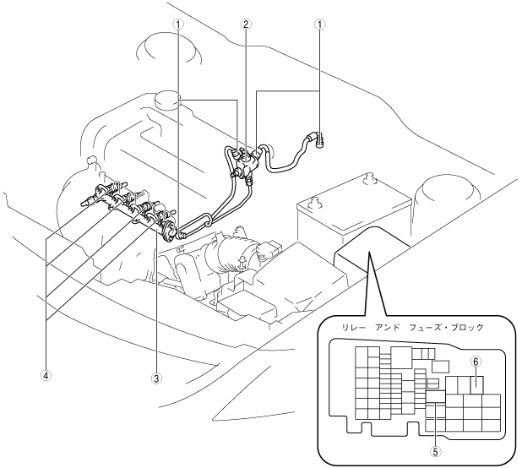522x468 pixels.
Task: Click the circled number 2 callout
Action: (x=246, y=24)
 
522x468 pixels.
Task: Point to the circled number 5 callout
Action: (x=435, y=451)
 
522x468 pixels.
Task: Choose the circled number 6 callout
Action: (x=476, y=361)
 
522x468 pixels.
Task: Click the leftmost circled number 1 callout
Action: (x=178, y=24)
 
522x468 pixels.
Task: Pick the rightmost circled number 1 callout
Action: (x=319, y=24)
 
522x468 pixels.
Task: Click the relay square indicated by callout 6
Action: (x=477, y=383)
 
